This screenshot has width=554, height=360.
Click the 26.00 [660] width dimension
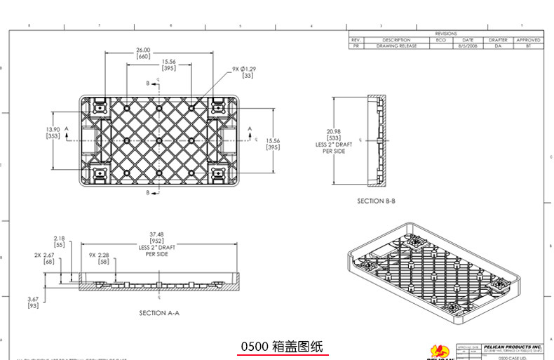tap(143, 53)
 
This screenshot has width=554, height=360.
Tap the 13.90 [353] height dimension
tap(53, 133)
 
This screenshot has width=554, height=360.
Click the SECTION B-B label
tap(376, 201)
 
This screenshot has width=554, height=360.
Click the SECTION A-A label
tap(159, 312)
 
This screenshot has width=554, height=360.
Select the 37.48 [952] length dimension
tap(156, 242)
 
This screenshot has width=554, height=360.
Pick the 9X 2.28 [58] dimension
tap(99, 258)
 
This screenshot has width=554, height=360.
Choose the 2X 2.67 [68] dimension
tap(45, 258)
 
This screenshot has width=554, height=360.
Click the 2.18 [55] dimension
tap(59, 241)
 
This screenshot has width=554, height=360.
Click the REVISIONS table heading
tap(445, 34)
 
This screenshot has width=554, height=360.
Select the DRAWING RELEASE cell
tap(396, 46)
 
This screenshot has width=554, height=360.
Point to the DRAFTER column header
tap(498, 40)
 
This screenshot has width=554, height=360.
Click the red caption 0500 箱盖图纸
tap(281, 347)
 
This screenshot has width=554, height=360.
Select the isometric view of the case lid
tap(434, 274)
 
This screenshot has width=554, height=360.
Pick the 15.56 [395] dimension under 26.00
tap(168, 65)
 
